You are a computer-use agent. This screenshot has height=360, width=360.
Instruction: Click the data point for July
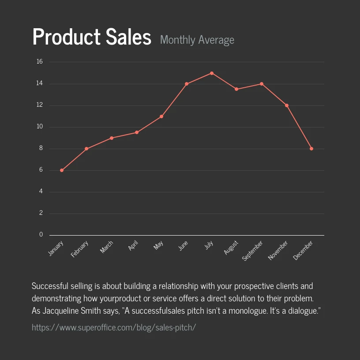click(212, 73)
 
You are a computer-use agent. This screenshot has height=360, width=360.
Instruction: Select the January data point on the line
click(62, 170)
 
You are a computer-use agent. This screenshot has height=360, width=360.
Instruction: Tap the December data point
click(311, 149)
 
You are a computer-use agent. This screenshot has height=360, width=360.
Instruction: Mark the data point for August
click(236, 89)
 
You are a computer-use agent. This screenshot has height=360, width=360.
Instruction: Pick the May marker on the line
click(161, 116)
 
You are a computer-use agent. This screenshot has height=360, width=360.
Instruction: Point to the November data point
click(287, 105)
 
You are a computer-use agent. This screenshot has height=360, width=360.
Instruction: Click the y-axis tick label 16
click(40, 62)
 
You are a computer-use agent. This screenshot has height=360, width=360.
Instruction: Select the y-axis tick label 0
click(41, 235)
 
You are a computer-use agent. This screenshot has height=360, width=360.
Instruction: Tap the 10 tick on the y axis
click(40, 127)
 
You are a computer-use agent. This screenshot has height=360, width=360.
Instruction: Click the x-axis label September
click(253, 250)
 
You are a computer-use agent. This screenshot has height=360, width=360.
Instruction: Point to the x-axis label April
click(133, 246)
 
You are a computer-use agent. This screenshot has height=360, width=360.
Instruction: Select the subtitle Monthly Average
click(197, 40)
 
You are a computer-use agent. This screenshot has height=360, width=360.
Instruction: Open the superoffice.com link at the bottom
click(114, 327)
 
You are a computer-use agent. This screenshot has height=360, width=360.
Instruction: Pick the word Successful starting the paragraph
click(49, 286)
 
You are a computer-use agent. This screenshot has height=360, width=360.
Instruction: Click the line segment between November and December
click(299, 127)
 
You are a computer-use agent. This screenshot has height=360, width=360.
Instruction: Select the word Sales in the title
click(128, 37)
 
